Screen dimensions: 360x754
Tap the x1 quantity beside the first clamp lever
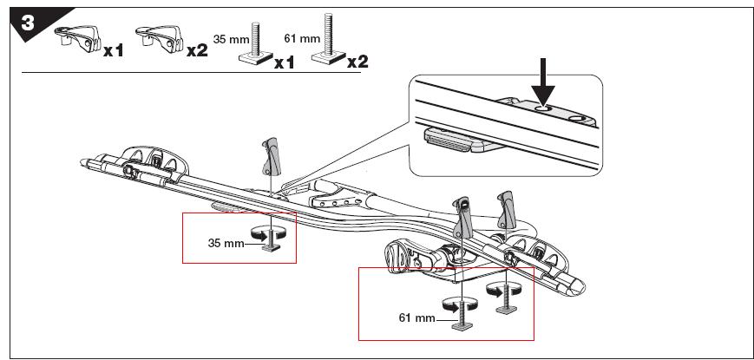113,49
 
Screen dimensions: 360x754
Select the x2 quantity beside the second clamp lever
197,49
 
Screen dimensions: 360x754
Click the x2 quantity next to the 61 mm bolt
357,62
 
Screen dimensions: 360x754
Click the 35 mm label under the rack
226,243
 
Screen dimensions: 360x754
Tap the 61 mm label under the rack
416,318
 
